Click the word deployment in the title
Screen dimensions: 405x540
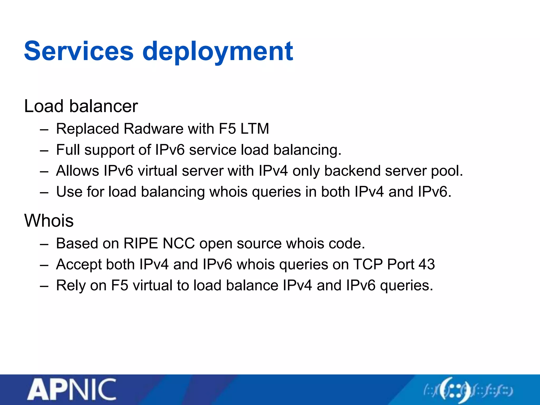pos(218,52)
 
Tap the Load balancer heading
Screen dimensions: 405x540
pos(81,106)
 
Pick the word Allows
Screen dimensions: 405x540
pos(78,171)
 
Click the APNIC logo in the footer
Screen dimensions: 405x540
pos(71,389)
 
